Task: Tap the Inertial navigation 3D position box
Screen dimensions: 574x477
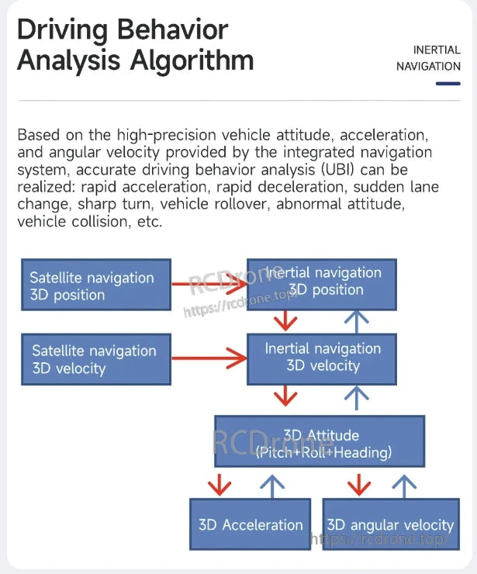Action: pos(322,282)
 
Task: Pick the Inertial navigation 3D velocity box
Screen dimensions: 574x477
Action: pos(322,358)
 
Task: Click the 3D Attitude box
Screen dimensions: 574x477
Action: pos(320,442)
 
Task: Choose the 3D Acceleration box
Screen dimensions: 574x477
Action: pos(251,524)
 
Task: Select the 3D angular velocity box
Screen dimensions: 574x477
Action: pos(390,524)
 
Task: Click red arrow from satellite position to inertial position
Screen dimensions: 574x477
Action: pos(208,285)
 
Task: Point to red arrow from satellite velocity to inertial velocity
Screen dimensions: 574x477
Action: pos(208,358)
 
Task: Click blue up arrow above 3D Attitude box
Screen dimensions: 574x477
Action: pos(356,397)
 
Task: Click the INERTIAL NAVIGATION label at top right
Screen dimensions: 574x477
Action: pos(428,58)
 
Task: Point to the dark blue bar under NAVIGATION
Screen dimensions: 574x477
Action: pos(448,83)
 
